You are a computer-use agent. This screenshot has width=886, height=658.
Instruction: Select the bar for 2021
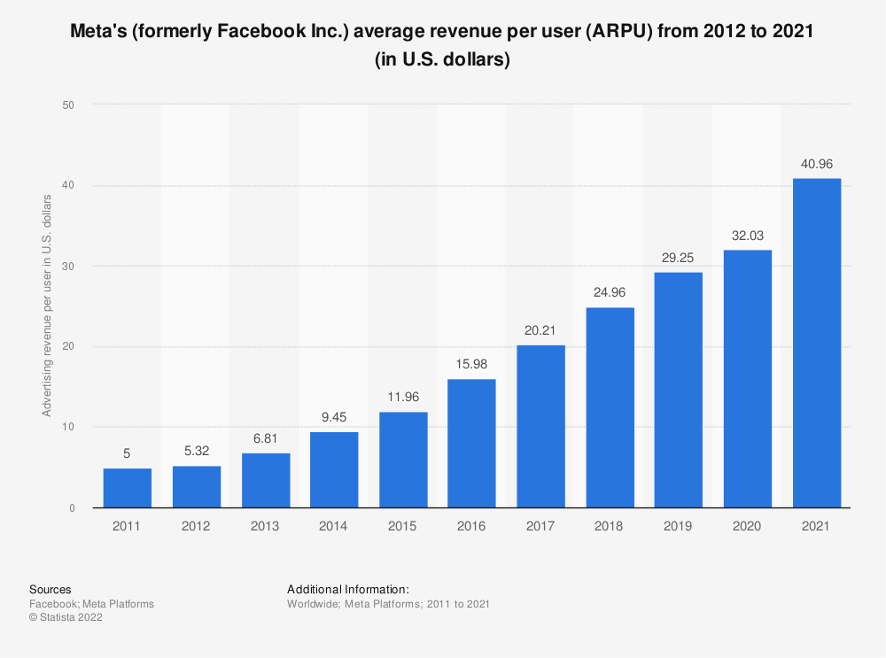(x=816, y=343)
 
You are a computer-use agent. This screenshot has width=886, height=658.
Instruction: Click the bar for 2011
(x=127, y=488)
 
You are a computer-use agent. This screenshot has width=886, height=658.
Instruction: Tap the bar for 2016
(x=471, y=443)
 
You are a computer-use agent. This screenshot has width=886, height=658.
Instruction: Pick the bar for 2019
(x=678, y=390)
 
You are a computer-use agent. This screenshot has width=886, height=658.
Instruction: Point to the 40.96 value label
(x=816, y=164)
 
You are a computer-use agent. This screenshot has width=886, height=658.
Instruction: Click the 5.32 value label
(x=196, y=452)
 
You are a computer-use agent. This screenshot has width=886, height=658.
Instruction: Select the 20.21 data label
(x=540, y=330)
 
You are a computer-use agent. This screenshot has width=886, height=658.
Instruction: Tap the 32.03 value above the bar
(x=747, y=236)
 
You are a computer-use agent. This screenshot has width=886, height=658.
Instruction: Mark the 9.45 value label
(x=334, y=418)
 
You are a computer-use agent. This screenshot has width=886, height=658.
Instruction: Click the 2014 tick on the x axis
(x=334, y=527)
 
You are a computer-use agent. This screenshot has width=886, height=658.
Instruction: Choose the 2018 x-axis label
(x=610, y=527)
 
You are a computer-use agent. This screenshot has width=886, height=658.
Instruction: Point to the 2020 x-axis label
(x=747, y=527)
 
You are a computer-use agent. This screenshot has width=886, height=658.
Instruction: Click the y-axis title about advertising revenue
(x=47, y=306)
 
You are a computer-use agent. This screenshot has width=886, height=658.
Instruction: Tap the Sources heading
(x=51, y=589)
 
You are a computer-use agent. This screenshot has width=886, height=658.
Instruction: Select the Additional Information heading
(x=347, y=589)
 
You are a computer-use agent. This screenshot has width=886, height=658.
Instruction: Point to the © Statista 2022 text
(x=66, y=618)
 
